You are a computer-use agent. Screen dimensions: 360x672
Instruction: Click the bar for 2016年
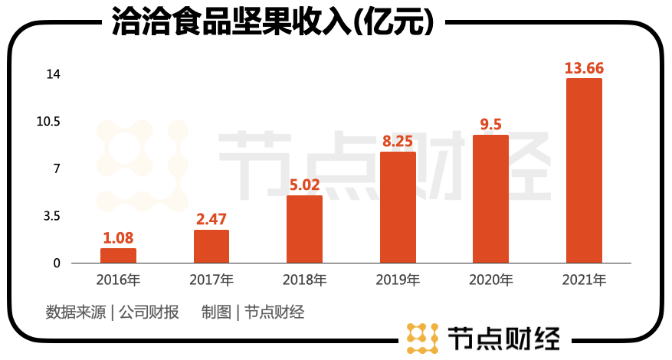[x=118, y=255]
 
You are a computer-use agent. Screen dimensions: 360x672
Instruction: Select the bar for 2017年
[x=211, y=246]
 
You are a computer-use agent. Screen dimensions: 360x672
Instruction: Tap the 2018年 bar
[x=304, y=229]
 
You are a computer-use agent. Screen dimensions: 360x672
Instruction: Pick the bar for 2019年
[x=398, y=208]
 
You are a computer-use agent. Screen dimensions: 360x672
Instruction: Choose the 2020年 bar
[x=490, y=199]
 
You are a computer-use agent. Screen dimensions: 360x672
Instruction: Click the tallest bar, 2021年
[x=584, y=171]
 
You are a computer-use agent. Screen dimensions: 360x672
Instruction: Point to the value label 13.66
[x=584, y=68]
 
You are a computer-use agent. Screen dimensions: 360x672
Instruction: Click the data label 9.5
[x=490, y=124]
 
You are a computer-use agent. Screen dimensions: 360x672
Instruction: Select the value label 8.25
[x=398, y=141]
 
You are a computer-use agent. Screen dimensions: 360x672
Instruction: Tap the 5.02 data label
[x=304, y=185]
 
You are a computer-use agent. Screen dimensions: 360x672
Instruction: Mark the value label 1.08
[x=118, y=237]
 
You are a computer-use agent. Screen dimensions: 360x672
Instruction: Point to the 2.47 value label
[x=211, y=219]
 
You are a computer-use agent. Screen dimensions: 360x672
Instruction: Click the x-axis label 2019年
[x=398, y=280]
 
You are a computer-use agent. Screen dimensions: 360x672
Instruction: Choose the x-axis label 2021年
[x=584, y=280]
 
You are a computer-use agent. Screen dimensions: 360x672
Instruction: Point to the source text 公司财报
[x=149, y=313]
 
